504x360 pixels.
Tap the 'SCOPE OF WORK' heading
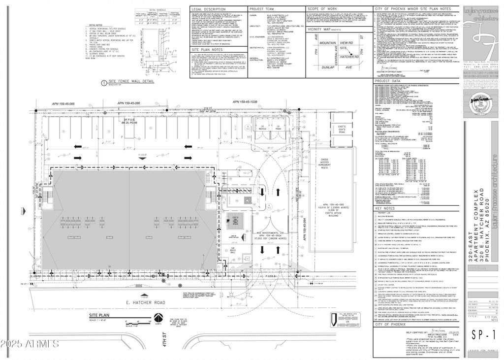tap(322, 9)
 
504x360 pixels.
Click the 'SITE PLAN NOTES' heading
tap(207, 50)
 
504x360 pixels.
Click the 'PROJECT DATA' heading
tap(388, 81)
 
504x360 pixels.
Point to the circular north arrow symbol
tap(159, 319)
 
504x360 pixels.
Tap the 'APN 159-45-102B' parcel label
tap(243, 101)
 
